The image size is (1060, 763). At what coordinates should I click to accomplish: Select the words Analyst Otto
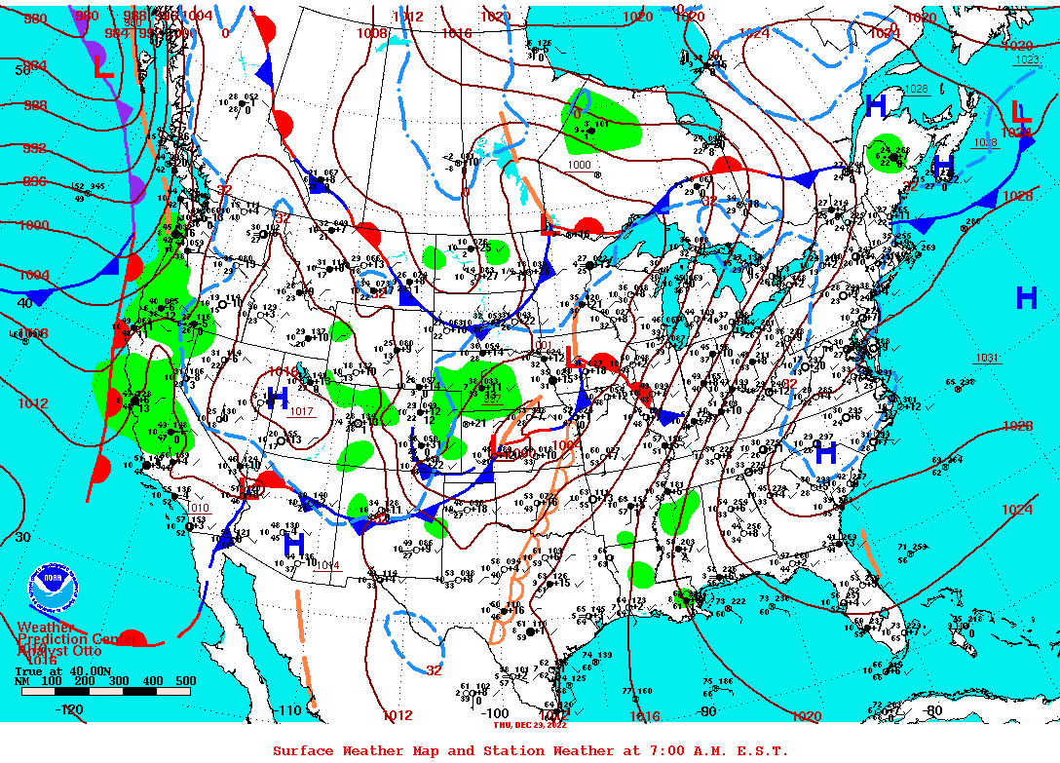pyautogui.click(x=57, y=649)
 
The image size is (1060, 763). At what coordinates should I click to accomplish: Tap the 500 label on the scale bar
pyautogui.click(x=184, y=681)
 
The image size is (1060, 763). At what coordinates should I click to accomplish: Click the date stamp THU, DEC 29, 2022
pyautogui.click(x=531, y=724)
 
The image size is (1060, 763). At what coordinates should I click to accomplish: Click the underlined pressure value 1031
pyautogui.click(x=988, y=359)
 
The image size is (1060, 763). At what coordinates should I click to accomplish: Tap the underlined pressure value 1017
pyautogui.click(x=302, y=411)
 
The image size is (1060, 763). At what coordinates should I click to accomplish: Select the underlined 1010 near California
pyautogui.click(x=199, y=508)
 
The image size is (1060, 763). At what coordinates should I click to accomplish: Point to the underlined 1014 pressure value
pyautogui.click(x=327, y=565)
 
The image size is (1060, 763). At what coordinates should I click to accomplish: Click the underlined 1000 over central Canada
pyautogui.click(x=579, y=165)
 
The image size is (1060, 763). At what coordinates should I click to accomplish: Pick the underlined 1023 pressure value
pyautogui.click(x=1027, y=60)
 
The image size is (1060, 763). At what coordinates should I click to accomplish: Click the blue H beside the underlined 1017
pyautogui.click(x=278, y=397)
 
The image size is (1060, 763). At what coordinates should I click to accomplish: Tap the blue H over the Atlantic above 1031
pyautogui.click(x=1026, y=298)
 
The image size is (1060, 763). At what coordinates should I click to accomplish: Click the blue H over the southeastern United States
pyautogui.click(x=825, y=451)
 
